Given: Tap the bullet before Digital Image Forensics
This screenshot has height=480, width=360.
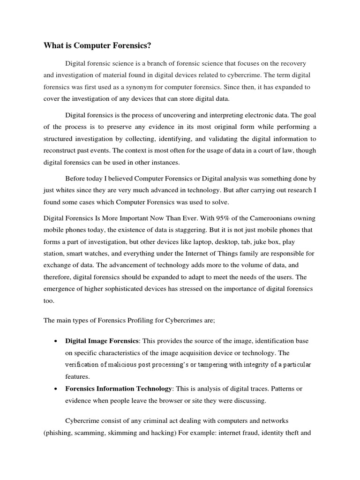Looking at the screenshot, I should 56,341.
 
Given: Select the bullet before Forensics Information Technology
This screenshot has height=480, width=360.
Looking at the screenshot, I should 56,389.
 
